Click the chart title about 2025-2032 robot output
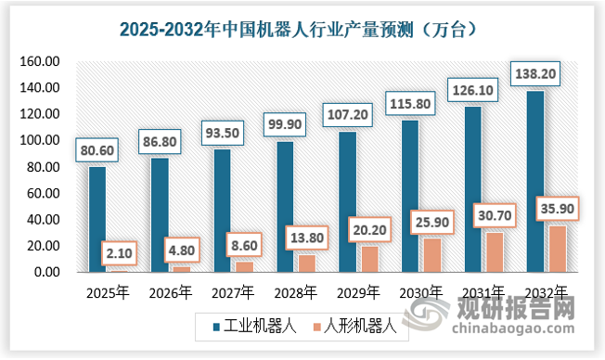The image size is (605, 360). (x=302, y=29)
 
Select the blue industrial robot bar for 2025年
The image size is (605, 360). (x=97, y=219)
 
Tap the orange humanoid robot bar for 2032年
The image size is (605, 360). (x=558, y=249)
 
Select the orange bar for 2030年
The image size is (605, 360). (x=432, y=255)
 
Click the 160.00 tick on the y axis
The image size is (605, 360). (x=39, y=61)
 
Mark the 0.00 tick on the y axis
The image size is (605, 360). (x=45, y=273)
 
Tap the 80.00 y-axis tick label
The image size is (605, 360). (x=42, y=167)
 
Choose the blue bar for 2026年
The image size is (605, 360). (x=160, y=215)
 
